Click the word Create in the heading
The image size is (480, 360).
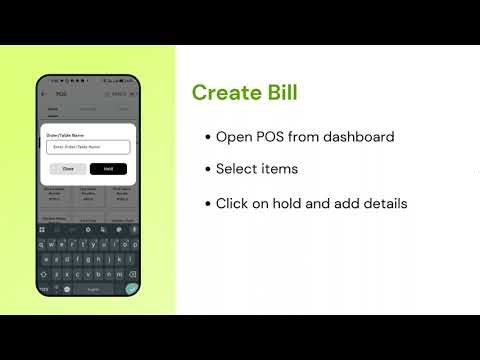point(221,93)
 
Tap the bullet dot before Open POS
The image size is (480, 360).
point(207,137)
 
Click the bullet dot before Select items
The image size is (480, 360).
point(207,170)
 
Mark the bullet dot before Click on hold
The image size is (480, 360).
point(207,204)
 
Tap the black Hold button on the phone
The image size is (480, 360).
point(108,169)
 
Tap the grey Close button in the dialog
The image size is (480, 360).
point(68,169)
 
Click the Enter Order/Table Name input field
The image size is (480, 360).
point(88,147)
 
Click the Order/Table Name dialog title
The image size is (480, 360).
point(65,130)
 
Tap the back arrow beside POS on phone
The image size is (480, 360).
point(44,93)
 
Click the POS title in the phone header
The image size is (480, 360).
point(59,93)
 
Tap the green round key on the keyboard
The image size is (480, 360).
point(131,288)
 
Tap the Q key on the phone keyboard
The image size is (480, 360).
point(43,244)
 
